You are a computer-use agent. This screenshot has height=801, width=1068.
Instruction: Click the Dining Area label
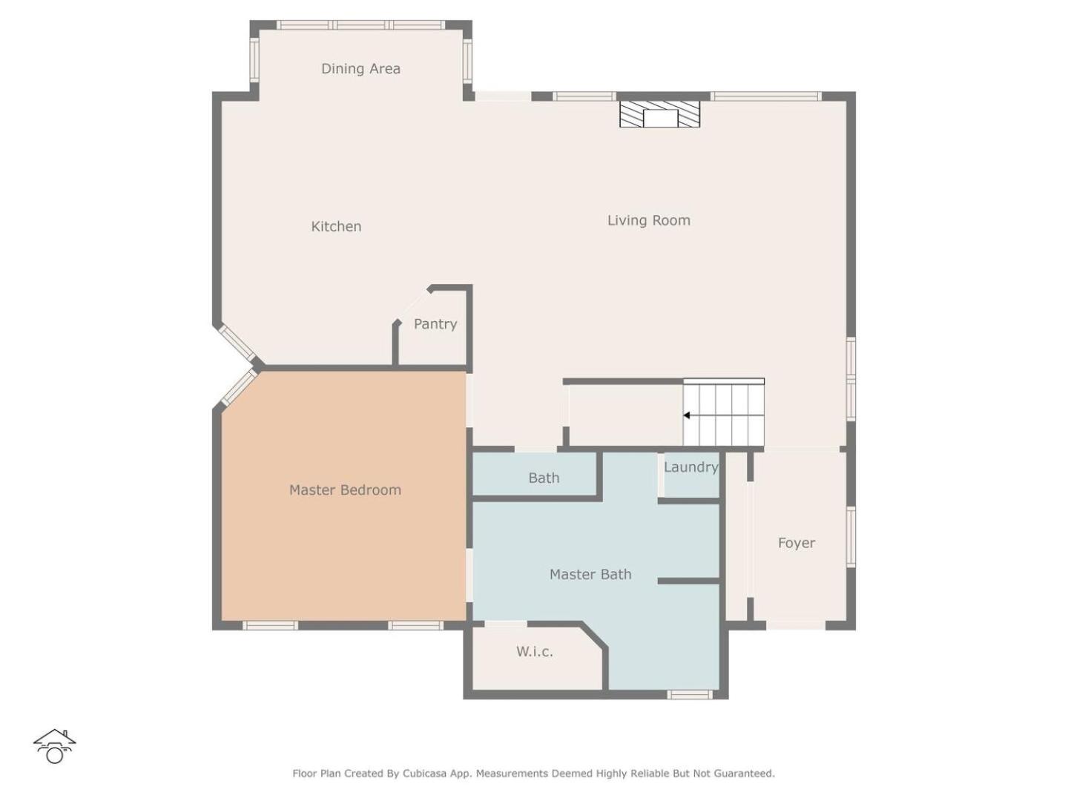[x=360, y=68]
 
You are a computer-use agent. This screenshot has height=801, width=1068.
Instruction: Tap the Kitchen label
[x=336, y=226]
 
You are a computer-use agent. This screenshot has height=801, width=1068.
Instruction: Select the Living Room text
[x=648, y=220]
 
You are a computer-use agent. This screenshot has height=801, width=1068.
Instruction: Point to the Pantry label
[x=435, y=324]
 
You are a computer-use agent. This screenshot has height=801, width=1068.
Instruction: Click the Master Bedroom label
[x=345, y=489]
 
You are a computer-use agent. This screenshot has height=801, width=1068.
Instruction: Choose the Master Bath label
[x=590, y=574]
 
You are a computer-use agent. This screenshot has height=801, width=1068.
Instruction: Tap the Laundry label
[x=691, y=467]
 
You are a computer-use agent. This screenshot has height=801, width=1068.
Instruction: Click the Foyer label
[x=796, y=543]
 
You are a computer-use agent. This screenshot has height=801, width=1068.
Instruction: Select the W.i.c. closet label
[x=534, y=652]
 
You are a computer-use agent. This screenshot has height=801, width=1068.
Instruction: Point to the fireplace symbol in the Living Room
[x=659, y=114]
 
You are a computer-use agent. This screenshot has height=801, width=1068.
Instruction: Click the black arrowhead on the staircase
[x=686, y=415]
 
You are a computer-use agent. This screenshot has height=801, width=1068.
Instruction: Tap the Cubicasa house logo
[x=54, y=747]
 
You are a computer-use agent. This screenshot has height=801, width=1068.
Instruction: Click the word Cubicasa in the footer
[x=424, y=774]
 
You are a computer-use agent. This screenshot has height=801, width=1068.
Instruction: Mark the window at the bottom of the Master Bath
[x=690, y=694]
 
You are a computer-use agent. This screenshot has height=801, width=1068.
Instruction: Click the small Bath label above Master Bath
[x=544, y=478]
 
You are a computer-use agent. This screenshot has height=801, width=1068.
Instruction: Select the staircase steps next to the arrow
[x=723, y=412]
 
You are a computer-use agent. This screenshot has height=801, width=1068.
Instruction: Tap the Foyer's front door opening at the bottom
[x=796, y=625]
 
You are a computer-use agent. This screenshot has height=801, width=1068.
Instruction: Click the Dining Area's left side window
[x=254, y=61]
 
